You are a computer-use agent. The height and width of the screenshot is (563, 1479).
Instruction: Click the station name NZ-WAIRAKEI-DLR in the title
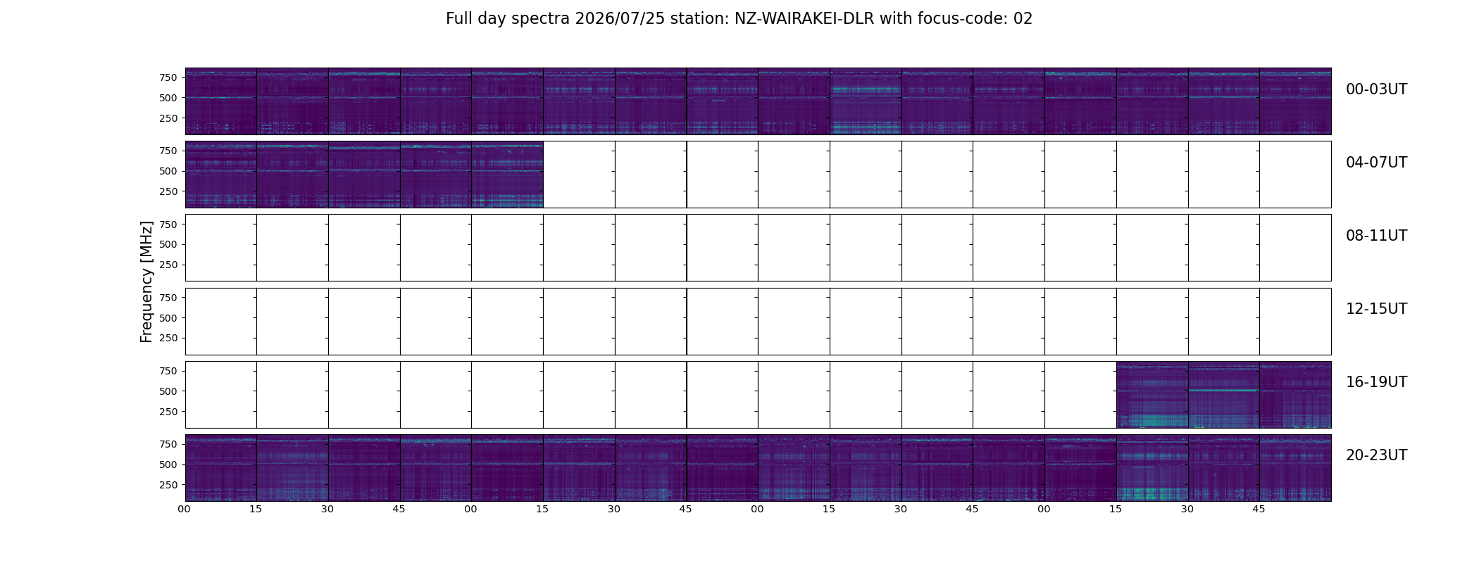804,19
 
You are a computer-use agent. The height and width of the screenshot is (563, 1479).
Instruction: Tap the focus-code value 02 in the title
1023,19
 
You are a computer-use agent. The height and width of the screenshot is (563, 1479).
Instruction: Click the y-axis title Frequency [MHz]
146,281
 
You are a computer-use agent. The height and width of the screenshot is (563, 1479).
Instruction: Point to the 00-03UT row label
1376,89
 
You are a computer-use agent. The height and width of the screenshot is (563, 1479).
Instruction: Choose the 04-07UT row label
1376,163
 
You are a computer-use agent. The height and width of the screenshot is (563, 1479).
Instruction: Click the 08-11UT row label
1376,236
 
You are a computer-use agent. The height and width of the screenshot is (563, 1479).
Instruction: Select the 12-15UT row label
1376,309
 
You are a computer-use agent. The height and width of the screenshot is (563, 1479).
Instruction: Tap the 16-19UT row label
1376,382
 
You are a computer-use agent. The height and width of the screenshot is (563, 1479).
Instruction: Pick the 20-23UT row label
1376,455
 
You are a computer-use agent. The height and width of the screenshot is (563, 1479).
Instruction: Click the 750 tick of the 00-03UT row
168,77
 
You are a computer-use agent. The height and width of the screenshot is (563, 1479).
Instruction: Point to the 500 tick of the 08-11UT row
168,244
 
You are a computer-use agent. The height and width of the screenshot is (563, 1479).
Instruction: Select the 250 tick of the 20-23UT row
168,485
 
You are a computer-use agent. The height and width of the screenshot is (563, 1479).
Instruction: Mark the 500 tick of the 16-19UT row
168,391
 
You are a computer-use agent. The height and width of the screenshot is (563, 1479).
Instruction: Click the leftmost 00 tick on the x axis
185,509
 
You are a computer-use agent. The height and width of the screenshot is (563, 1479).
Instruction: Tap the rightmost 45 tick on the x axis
1259,509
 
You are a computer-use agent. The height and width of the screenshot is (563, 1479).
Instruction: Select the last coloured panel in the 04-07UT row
507,175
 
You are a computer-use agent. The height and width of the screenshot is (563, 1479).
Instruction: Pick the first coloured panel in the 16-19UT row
1152,395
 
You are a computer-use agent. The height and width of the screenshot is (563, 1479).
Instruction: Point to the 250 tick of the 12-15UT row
168,339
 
